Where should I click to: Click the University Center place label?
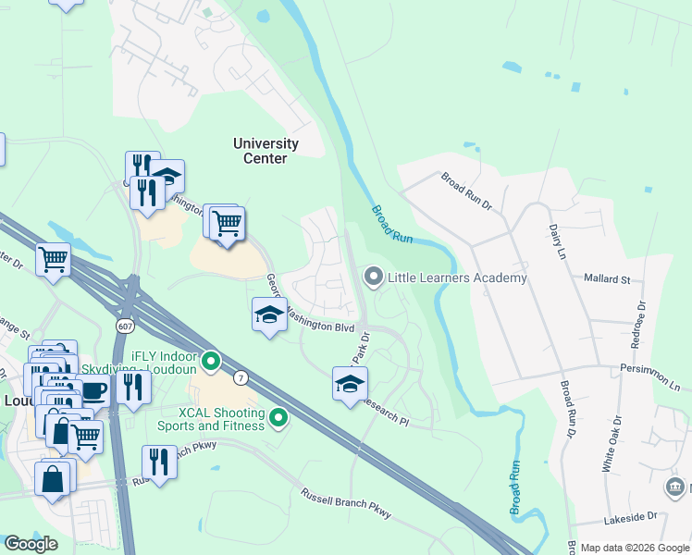266,151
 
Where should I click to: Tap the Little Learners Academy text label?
458,277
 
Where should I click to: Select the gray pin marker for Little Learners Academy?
374,277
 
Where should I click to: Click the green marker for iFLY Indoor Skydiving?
211,362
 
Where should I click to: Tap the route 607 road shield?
125,327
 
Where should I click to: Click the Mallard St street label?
606,278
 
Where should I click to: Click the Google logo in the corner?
31,544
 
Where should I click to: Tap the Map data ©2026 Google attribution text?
634,548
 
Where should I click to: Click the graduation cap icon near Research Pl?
350,385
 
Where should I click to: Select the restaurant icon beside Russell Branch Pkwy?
159,462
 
